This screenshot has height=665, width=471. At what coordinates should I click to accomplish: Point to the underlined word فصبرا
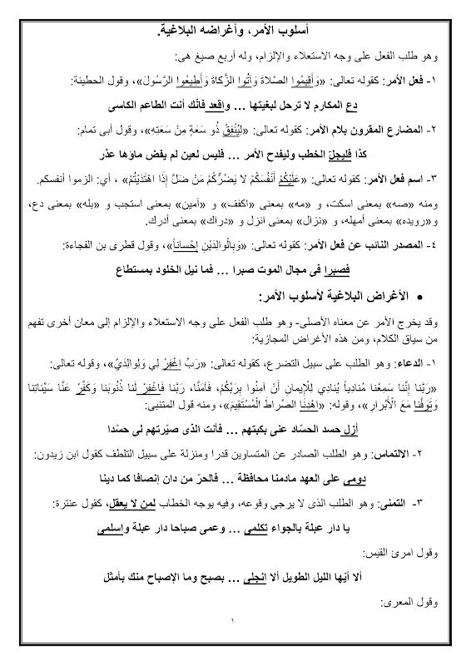click(318, 268)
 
